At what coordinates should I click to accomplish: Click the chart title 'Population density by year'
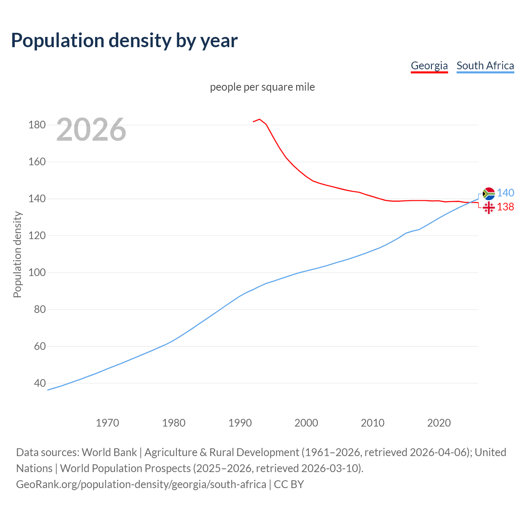point(124,40)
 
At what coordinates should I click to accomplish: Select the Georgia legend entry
point(429,66)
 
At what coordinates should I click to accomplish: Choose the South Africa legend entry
point(485,66)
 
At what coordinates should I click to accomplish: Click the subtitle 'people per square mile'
point(262,87)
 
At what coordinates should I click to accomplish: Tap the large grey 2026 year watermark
point(91,130)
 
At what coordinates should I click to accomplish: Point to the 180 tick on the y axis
point(37,125)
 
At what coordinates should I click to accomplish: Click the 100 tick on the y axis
point(37,272)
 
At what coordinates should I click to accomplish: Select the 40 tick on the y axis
point(39,383)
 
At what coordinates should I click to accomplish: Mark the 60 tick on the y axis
point(39,346)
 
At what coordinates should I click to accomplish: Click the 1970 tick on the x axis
point(107,422)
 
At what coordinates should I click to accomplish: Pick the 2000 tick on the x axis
point(306,422)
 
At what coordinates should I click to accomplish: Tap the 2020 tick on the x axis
point(439,422)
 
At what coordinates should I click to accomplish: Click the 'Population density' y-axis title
point(17,254)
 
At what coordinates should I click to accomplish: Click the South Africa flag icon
point(488,193)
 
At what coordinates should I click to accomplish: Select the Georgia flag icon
point(488,208)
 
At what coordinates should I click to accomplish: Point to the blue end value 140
point(505,193)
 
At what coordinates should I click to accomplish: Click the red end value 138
point(505,207)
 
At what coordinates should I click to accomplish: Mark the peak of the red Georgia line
point(259,119)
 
